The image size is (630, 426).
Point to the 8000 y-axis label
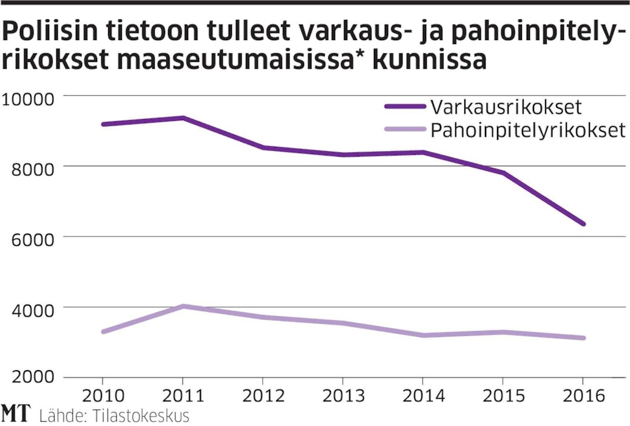29,166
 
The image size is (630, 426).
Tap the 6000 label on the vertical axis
29,237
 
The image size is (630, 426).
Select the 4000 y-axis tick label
29,308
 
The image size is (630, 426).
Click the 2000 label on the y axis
29,378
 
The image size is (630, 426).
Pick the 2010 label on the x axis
103,396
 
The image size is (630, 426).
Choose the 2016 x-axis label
583,396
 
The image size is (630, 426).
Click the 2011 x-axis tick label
183,396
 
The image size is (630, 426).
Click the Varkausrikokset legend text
507,107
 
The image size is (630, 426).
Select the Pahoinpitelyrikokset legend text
528,130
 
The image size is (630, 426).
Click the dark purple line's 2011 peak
183,118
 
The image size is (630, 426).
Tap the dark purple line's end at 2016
583,224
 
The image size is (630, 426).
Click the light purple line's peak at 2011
183,306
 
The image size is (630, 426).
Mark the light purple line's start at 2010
103,332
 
